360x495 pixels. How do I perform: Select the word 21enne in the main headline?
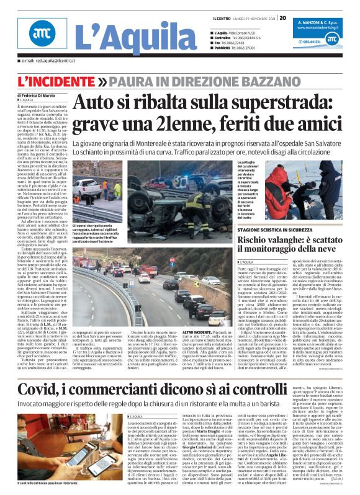click(x=160, y=123)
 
